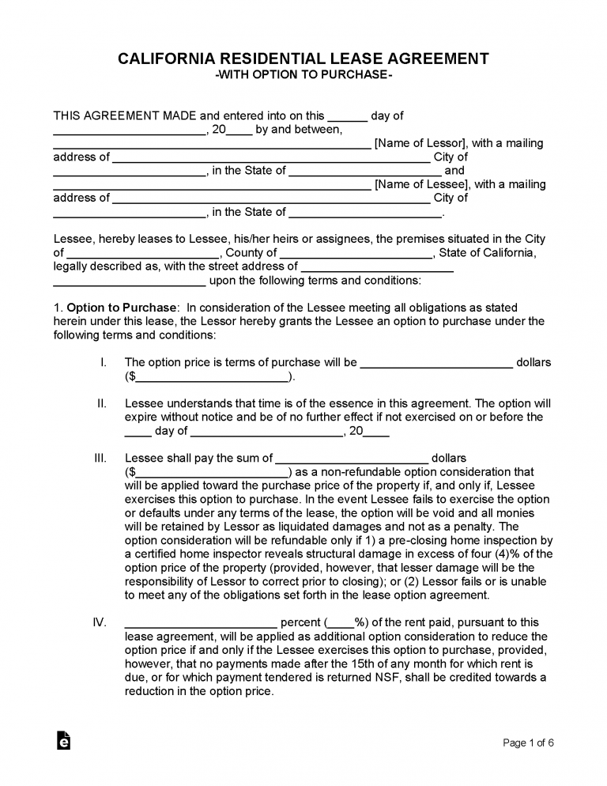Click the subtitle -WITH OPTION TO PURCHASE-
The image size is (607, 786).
tap(303, 75)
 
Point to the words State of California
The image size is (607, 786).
tap(487, 253)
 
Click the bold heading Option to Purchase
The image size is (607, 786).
tap(123, 307)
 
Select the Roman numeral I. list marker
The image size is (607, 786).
tap(104, 362)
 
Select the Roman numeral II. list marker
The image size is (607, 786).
tap(102, 403)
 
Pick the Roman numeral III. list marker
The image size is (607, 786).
tap(100, 458)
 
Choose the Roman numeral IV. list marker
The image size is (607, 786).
tap(100, 622)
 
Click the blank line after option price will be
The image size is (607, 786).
tap(436, 365)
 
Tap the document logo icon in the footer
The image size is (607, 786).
tap(64, 740)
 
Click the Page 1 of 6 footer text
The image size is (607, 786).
tap(528, 743)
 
